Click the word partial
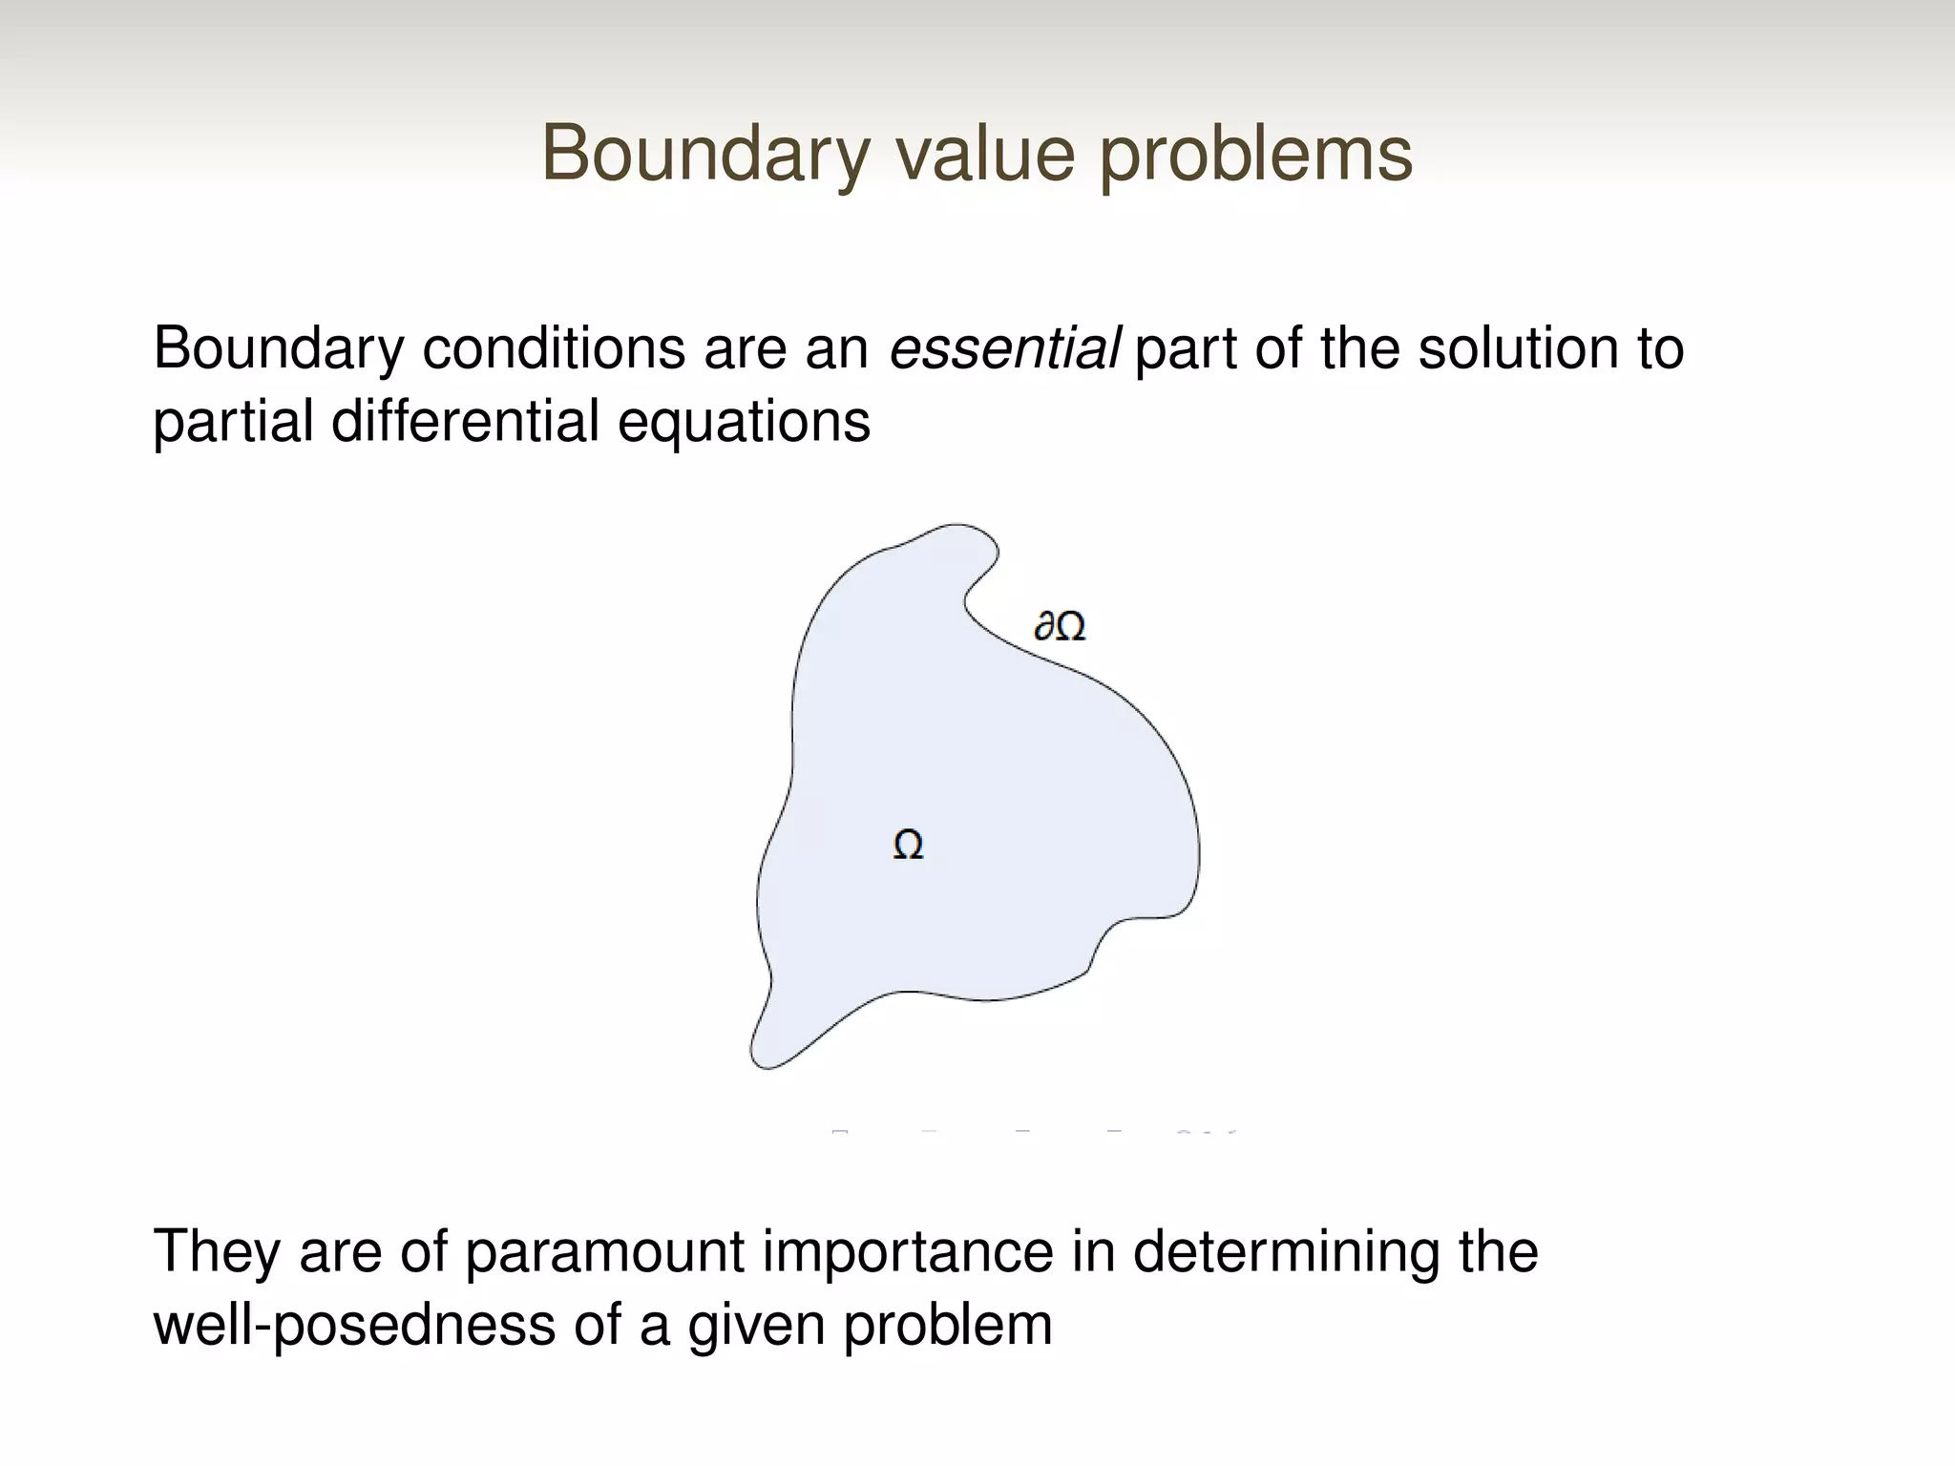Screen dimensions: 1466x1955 [233, 421]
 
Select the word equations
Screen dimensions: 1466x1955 [744, 423]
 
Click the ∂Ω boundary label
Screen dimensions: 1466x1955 [1060, 627]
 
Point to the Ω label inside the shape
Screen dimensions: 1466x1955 [908, 845]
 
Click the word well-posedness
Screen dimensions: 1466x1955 [354, 1326]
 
